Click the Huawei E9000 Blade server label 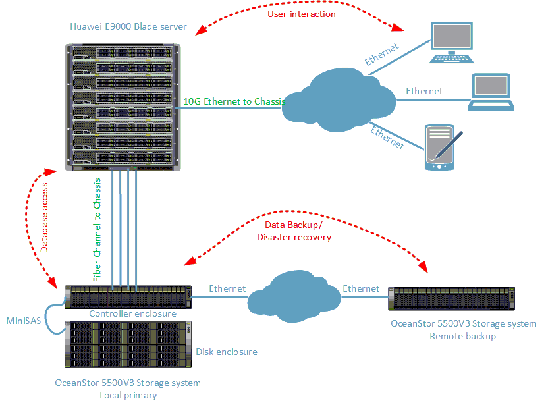[128, 27]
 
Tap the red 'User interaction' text [302, 14]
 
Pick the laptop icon [491, 92]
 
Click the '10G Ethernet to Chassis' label [233, 101]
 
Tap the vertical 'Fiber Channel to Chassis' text [97, 230]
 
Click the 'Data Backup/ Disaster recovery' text [294, 231]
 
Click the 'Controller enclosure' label [132, 313]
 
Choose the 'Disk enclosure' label [226, 352]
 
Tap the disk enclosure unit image [127, 345]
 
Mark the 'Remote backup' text [462, 336]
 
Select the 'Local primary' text [128, 395]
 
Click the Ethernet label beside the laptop [424, 91]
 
